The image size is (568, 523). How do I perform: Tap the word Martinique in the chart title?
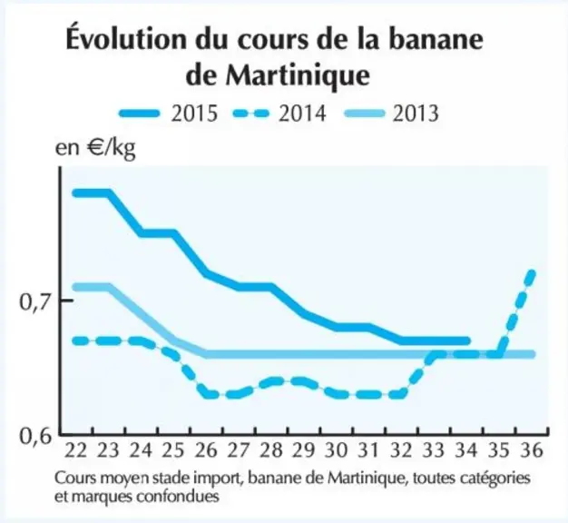click(298, 75)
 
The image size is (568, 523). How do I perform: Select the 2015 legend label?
click(194, 113)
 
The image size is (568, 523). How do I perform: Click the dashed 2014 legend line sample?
click(250, 113)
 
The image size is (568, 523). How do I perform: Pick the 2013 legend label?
click(416, 113)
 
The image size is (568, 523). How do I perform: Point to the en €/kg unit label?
click(95, 148)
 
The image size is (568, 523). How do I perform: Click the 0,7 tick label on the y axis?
click(35, 302)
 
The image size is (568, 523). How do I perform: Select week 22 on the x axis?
click(76, 450)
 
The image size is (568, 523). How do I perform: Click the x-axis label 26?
click(206, 450)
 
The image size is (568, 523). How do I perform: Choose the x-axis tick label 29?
click(303, 450)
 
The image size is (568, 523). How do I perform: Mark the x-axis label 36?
click(532, 450)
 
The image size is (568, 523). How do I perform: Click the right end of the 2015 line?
click(467, 341)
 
